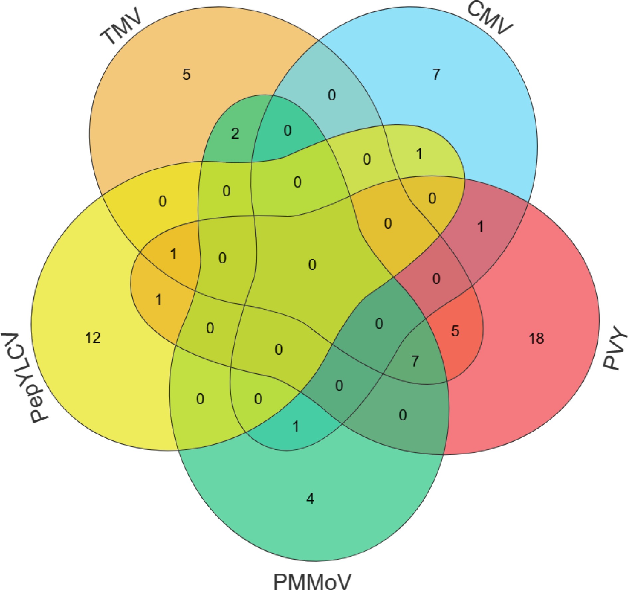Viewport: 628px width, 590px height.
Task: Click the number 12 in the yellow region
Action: pyautogui.click(x=93, y=338)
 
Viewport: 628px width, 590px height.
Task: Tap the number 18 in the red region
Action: pyautogui.click(x=536, y=338)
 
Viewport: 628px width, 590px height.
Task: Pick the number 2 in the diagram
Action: pyautogui.click(x=235, y=134)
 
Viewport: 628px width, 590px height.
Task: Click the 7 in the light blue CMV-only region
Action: pyautogui.click(x=436, y=74)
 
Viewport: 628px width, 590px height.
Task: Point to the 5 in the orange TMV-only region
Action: pyautogui.click(x=186, y=74)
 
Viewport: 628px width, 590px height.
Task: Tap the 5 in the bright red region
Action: pyautogui.click(x=455, y=331)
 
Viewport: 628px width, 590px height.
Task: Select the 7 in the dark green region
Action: pyautogui.click(x=415, y=361)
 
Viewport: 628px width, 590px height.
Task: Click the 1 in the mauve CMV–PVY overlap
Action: pyautogui.click(x=480, y=227)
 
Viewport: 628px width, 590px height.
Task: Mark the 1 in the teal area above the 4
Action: pyautogui.click(x=296, y=426)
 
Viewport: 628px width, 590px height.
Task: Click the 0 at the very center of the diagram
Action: pyautogui.click(x=312, y=265)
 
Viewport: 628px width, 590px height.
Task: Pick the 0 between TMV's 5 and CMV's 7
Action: pyautogui.click(x=332, y=95)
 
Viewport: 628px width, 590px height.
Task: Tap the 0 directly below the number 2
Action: pyautogui.click(x=226, y=191)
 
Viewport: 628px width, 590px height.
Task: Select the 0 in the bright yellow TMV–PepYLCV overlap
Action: pyautogui.click(x=162, y=201)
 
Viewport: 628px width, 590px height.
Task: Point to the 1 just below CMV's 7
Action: pyautogui.click(x=419, y=154)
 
